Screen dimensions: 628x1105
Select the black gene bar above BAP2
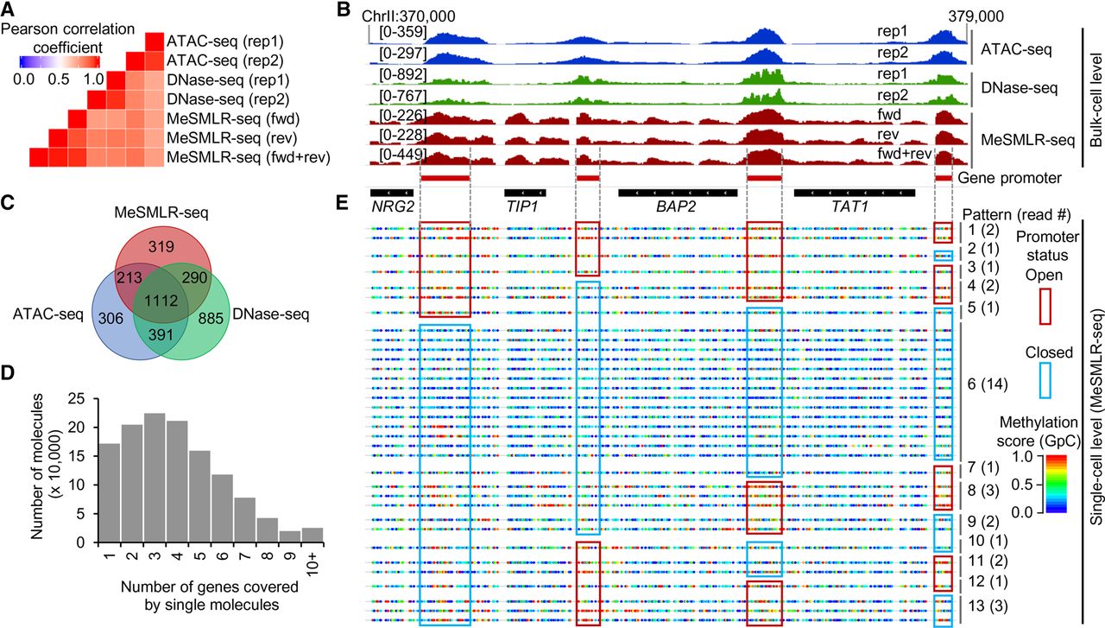(x=678, y=193)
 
